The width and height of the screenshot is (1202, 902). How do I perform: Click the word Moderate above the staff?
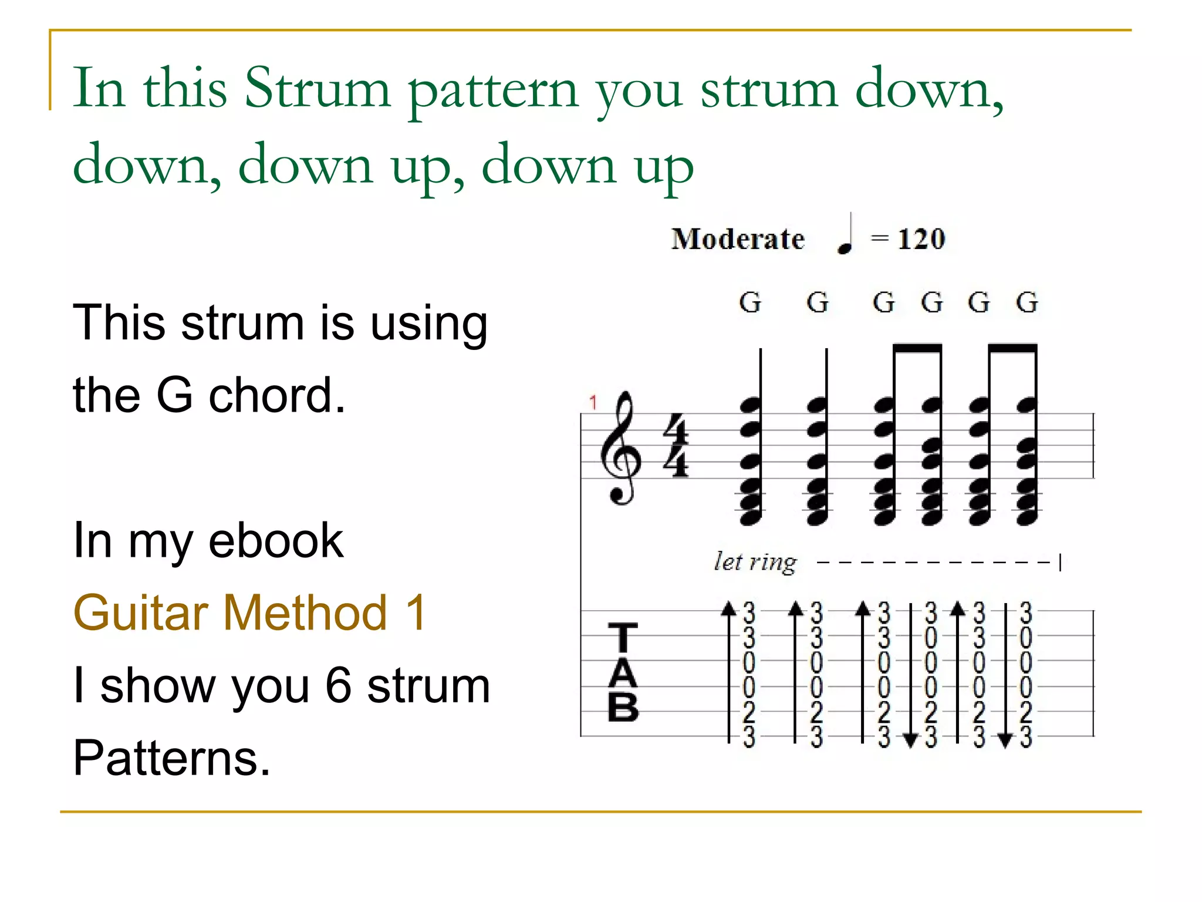[x=738, y=239]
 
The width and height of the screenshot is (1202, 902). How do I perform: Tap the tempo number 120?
[x=921, y=239]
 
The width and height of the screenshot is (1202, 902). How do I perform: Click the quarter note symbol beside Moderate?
[x=845, y=235]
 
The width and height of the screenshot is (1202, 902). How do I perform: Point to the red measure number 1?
[x=593, y=402]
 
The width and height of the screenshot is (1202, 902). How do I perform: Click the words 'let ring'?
[x=755, y=562]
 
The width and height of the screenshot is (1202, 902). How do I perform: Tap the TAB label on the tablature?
[x=623, y=672]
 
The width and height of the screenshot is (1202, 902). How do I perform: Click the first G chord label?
[x=750, y=303]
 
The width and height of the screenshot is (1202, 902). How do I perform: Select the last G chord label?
[x=1027, y=303]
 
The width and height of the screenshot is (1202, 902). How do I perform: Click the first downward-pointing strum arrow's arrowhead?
[x=910, y=741]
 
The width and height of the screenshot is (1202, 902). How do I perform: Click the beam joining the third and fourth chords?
[x=917, y=349]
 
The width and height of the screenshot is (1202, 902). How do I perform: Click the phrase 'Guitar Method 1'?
[x=249, y=612]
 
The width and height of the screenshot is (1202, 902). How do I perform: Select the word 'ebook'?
[x=275, y=540]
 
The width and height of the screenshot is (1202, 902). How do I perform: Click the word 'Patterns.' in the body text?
[x=171, y=758]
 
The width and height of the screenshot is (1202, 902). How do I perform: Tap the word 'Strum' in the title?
[x=318, y=88]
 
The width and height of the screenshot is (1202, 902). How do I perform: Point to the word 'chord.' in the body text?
[x=277, y=395]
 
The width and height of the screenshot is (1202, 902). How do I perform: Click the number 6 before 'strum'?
[x=339, y=685]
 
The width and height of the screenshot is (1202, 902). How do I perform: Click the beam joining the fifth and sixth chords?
[x=1013, y=349]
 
